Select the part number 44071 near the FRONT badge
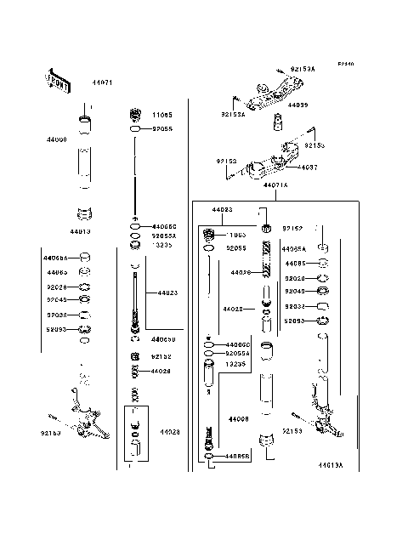[x=101, y=82]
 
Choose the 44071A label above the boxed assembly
[x=275, y=185]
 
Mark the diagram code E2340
[x=344, y=64]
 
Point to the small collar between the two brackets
[x=277, y=124]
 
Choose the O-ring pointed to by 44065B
[x=209, y=457]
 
